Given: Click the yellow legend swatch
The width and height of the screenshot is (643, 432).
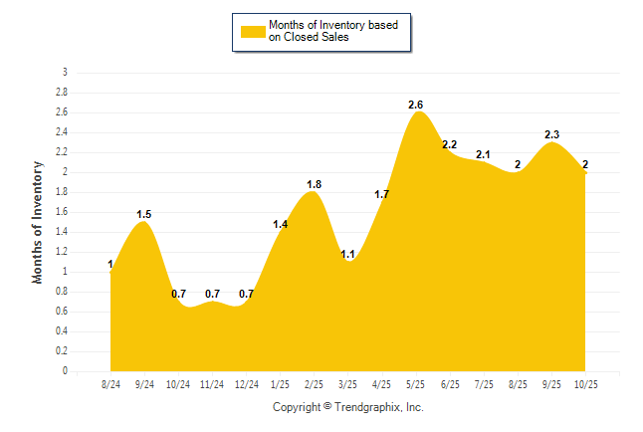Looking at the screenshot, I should click(x=253, y=32).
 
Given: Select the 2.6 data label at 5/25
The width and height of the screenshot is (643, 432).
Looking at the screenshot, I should click(x=416, y=105).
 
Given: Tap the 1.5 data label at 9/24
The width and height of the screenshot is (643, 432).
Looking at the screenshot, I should click(x=144, y=214).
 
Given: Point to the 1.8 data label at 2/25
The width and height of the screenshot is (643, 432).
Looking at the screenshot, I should click(x=314, y=184).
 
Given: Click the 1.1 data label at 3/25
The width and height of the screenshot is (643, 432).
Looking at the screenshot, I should click(x=348, y=254).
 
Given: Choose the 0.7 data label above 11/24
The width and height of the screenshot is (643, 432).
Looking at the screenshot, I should click(x=213, y=294).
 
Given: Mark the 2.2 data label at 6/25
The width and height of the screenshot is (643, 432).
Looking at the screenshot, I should click(x=449, y=144).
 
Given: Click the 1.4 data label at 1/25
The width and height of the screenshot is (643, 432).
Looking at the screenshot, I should click(x=280, y=224).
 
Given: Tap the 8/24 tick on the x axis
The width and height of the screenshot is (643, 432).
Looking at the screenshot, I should click(x=110, y=383).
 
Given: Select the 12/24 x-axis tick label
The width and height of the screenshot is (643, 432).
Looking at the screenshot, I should click(x=246, y=383).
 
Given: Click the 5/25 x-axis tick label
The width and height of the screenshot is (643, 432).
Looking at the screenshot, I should click(x=415, y=383).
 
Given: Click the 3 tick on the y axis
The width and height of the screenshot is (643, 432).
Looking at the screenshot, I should click(x=66, y=73).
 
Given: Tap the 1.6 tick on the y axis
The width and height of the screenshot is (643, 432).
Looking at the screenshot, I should click(x=63, y=212).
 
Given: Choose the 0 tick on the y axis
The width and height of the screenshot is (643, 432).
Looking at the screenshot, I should click(x=66, y=371).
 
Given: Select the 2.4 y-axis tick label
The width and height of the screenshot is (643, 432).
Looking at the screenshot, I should click(x=63, y=132).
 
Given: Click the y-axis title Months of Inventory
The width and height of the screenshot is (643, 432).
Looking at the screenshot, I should click(x=39, y=222).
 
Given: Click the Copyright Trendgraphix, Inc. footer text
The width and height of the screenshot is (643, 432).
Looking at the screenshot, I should click(x=348, y=407).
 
